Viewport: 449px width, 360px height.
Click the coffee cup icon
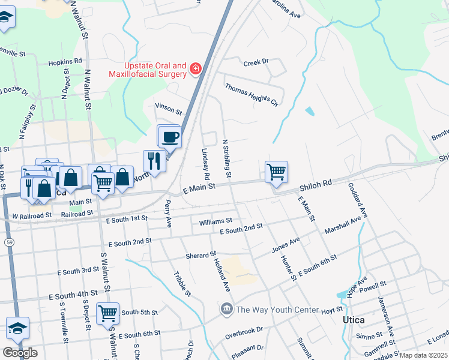(x=170, y=137)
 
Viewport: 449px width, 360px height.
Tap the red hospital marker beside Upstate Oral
(x=194, y=70)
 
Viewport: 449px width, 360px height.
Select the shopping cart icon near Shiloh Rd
(x=276, y=172)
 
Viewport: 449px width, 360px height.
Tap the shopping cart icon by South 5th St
(x=107, y=313)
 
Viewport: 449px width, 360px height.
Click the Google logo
(x=20, y=352)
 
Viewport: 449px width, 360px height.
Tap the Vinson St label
(x=168, y=109)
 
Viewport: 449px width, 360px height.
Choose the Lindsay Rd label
(x=205, y=164)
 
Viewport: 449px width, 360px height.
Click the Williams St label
(x=215, y=221)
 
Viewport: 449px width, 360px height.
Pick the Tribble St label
(x=182, y=284)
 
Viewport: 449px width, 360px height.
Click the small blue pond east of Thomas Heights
(x=309, y=111)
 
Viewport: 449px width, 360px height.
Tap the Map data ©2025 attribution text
(x=423, y=355)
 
